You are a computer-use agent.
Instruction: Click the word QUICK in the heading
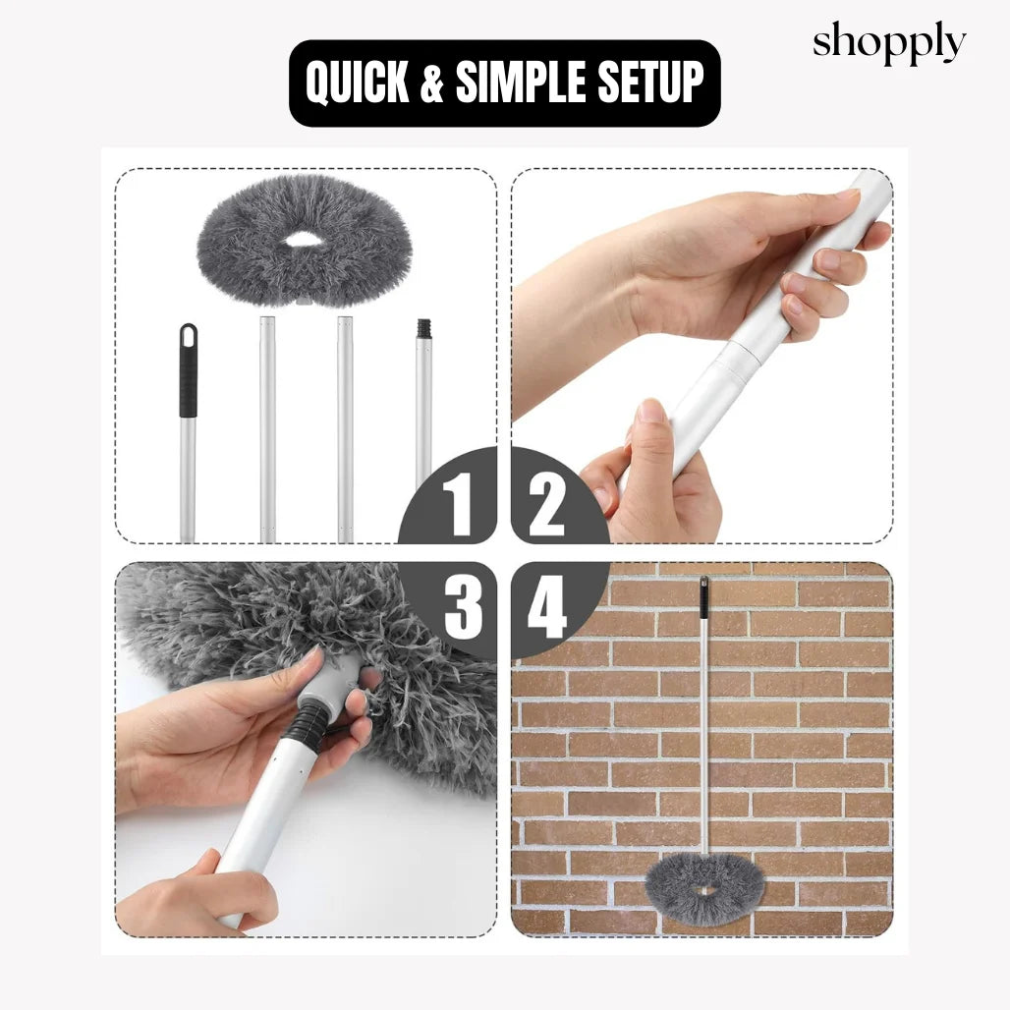click(358, 83)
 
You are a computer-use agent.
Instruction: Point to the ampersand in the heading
click(433, 83)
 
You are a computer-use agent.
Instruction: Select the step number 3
click(464, 607)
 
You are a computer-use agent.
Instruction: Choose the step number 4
click(547, 607)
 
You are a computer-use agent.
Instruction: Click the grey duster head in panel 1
click(304, 241)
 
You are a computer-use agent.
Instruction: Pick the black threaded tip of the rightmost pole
click(423, 329)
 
